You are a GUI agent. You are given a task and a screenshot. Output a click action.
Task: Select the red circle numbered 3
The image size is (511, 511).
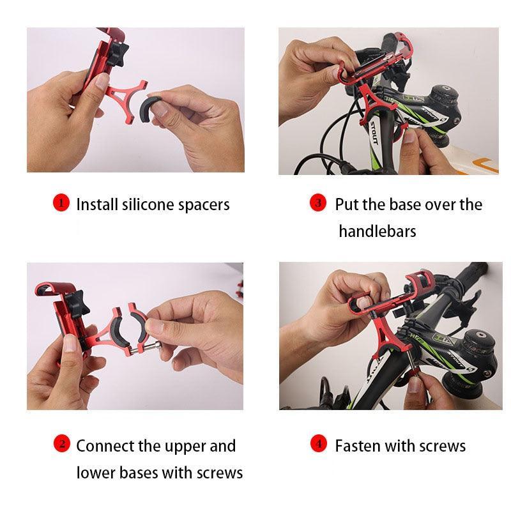[x=317, y=203]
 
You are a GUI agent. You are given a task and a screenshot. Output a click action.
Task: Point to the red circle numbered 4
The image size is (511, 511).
[x=317, y=444]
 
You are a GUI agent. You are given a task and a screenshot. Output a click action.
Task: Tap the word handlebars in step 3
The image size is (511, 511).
[x=377, y=231]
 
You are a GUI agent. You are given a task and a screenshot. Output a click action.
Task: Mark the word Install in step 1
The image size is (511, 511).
[x=96, y=204]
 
